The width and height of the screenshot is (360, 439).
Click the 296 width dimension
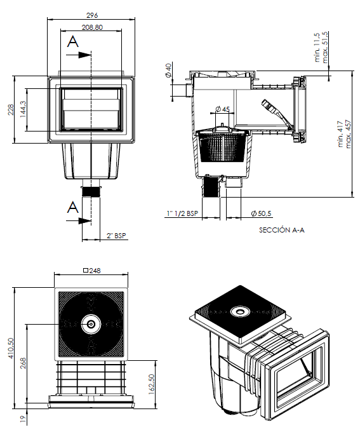coord(92,15)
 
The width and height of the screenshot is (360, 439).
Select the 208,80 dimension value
coord(92,27)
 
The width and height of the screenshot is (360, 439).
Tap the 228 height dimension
coord(11,109)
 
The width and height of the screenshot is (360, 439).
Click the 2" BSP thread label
coord(116,236)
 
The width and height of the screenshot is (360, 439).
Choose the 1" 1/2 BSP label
coord(182,213)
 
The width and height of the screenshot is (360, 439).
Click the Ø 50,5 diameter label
coord(261,213)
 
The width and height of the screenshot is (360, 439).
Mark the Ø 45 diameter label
coord(223,109)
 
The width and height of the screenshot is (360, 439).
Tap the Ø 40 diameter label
coord(168,71)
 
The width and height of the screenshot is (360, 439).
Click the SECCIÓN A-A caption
coord(282,230)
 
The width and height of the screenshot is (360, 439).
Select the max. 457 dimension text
coord(348,134)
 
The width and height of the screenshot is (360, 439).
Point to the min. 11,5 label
coord(317,47)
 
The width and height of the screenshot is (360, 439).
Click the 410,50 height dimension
coord(11,349)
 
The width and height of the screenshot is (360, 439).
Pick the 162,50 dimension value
coord(151,384)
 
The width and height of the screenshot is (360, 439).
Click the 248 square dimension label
coord(92,271)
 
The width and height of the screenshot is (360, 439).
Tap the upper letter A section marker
coord(73,42)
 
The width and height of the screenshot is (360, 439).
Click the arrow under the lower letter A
coord(79,221)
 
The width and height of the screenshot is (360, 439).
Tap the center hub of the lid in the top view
coord(91,324)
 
